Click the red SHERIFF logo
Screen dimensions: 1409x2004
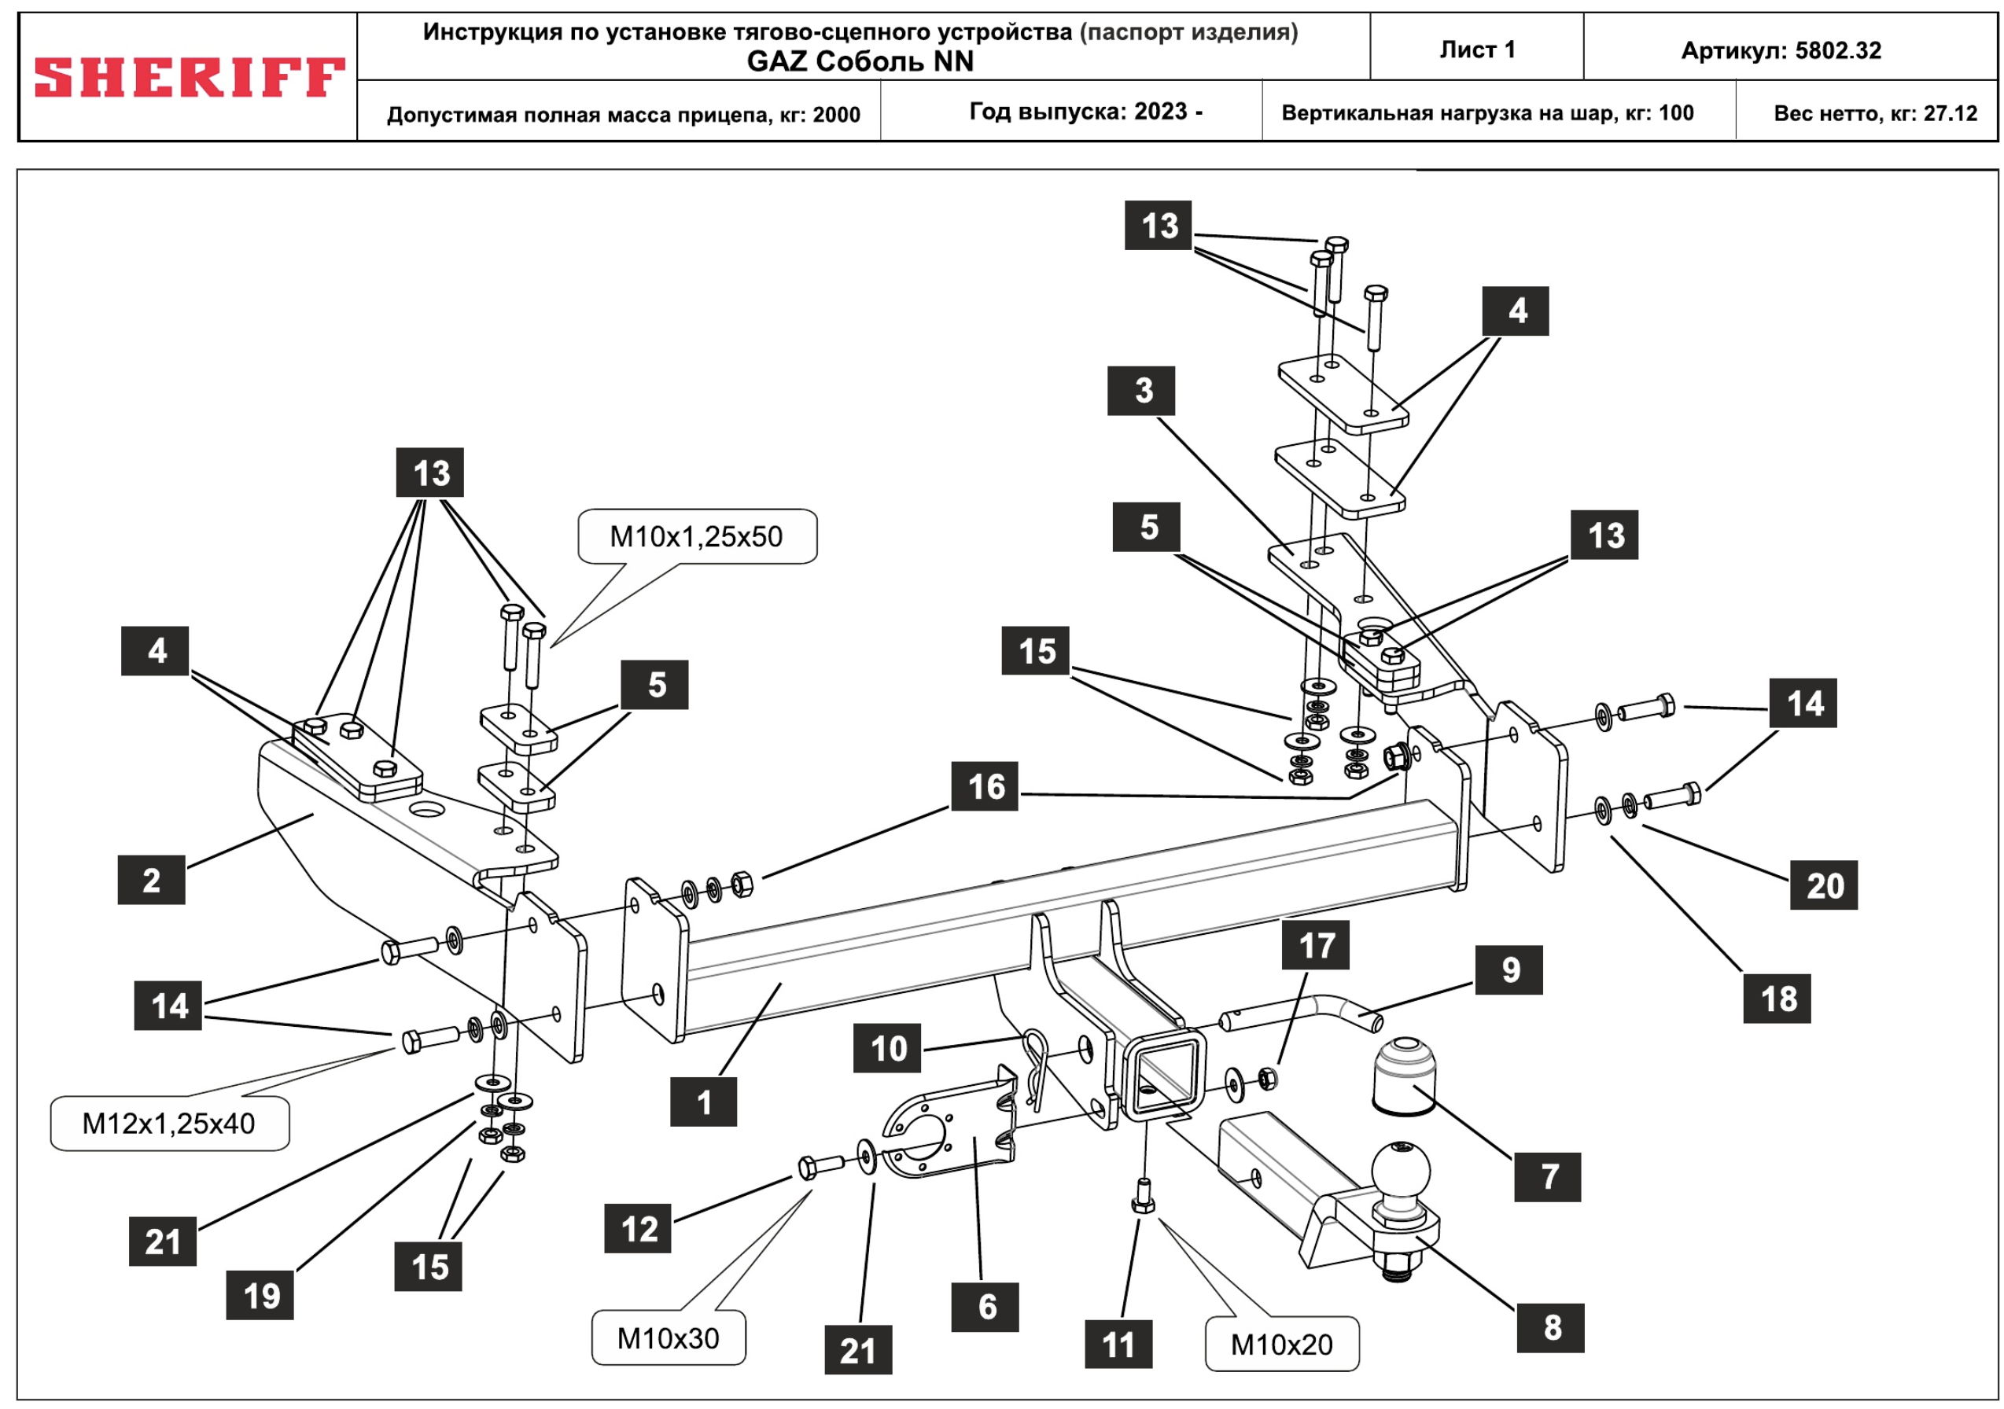pyautogui.click(x=189, y=77)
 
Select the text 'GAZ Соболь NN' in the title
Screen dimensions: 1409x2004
pyautogui.click(x=860, y=61)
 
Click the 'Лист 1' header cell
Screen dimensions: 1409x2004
pyautogui.click(x=1477, y=50)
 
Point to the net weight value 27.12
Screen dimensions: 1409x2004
pyautogui.click(x=1950, y=113)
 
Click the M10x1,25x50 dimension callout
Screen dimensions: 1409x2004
pyautogui.click(x=697, y=536)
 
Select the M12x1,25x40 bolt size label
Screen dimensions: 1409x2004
pyautogui.click(x=169, y=1124)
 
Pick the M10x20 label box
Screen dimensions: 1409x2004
pyautogui.click(x=1281, y=1345)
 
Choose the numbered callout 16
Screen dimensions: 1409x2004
pyautogui.click(x=985, y=787)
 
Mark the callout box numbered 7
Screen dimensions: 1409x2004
pyautogui.click(x=1549, y=1177)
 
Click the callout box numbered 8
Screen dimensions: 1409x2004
pyautogui.click(x=1551, y=1328)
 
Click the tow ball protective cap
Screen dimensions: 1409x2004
pyautogui.click(x=1405, y=1076)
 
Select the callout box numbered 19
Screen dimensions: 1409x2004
pyautogui.click(x=260, y=1296)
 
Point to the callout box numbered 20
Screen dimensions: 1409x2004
pyautogui.click(x=1824, y=885)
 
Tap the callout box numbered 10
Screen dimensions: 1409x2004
pyautogui.click(x=888, y=1048)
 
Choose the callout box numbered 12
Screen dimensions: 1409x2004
pyautogui.click(x=638, y=1229)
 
